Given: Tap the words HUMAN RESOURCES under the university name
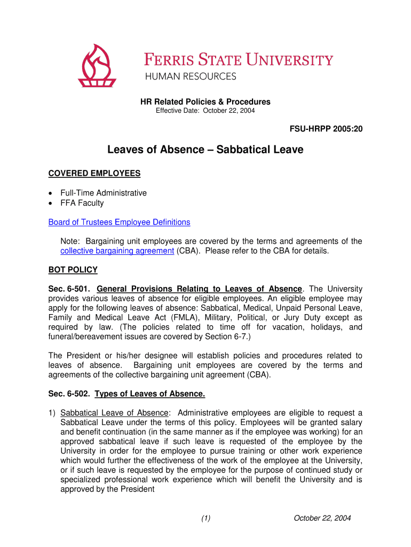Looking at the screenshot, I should [191, 76].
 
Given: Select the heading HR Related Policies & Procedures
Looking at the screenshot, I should [205, 101].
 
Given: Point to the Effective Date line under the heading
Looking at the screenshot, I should [205, 111].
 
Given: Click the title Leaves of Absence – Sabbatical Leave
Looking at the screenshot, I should [205, 150].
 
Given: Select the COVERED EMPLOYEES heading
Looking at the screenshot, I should [94, 173].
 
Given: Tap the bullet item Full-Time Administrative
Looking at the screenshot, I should [104, 193].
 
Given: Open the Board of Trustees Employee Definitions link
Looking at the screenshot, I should [119, 222].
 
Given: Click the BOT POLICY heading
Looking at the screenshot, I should [73, 270].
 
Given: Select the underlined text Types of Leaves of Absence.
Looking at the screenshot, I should [149, 394].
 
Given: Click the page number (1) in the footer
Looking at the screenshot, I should [206, 518].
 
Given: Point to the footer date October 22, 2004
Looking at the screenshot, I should [322, 518].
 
